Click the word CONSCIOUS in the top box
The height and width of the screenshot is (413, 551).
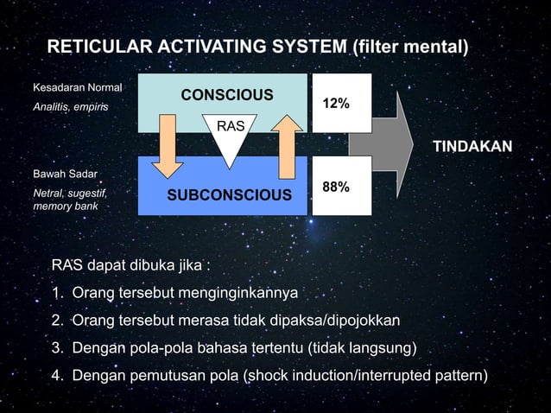[226, 94]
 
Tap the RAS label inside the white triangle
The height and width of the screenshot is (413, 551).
[230, 127]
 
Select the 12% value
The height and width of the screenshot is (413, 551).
[336, 104]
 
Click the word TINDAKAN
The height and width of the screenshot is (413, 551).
[472, 145]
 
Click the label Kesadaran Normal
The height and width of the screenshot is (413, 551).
[77, 87]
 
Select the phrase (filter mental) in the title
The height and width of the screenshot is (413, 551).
[410, 46]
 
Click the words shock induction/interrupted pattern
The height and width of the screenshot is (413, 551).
[370, 376]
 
